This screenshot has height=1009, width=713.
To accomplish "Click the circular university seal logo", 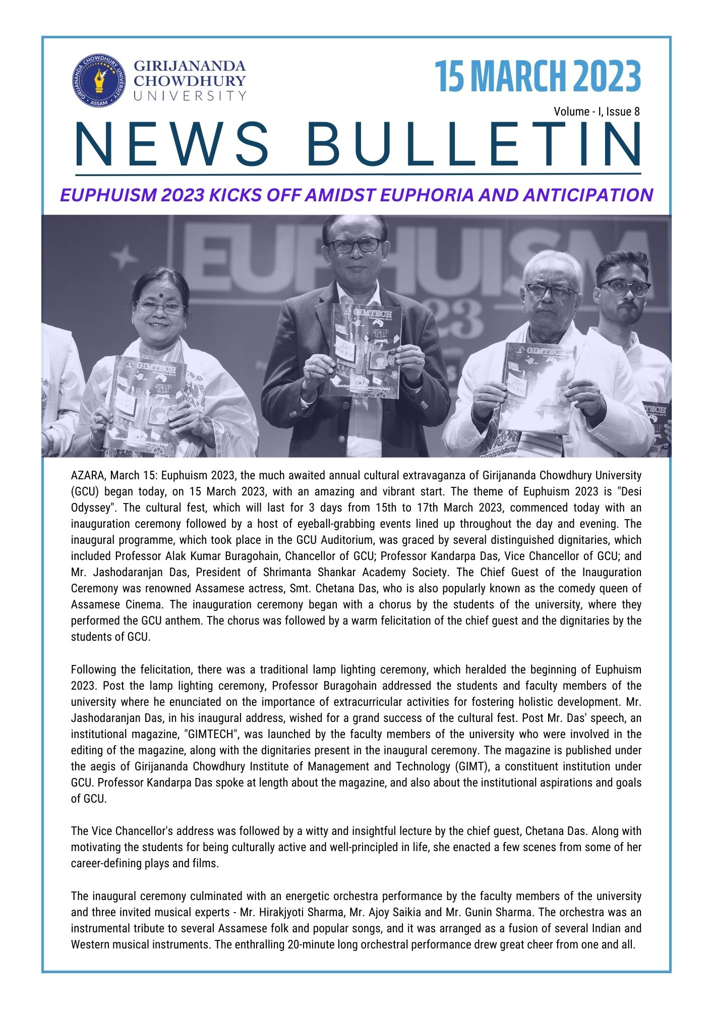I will [x=99, y=81].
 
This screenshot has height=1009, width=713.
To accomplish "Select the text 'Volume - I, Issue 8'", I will [x=597, y=111].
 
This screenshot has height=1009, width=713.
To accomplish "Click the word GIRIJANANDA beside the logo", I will [x=190, y=66].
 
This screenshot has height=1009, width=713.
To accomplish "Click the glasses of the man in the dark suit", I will [x=354, y=245].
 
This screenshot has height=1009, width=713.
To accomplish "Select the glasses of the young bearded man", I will [x=624, y=288].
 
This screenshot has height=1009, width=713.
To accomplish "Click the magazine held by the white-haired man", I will [x=537, y=386].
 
